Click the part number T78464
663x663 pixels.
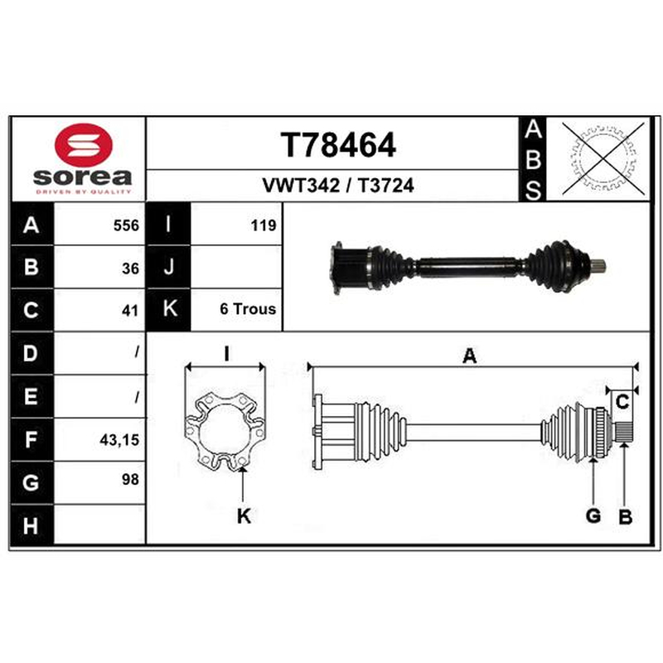[338, 145]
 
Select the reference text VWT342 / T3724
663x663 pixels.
[338, 185]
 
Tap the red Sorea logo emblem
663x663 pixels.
[84, 144]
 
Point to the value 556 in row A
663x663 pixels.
[126, 225]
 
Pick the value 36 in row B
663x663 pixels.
[130, 269]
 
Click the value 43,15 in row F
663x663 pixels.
[119, 440]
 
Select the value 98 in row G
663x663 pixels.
[130, 480]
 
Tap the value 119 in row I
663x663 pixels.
[264, 225]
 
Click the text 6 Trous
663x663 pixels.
[248, 309]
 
